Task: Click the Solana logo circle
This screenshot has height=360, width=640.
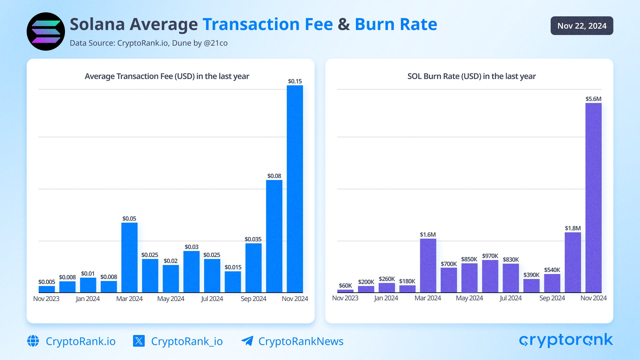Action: click(x=46, y=32)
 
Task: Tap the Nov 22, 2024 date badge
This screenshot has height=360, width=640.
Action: click(x=582, y=26)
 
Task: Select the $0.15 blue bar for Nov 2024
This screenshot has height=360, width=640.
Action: click(x=295, y=189)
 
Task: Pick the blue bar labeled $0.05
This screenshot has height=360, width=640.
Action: click(x=129, y=257)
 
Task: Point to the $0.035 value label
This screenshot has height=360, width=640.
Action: click(x=253, y=239)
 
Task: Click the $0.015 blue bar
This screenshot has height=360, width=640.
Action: click(x=233, y=282)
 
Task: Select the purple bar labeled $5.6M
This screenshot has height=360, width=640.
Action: click(x=593, y=198)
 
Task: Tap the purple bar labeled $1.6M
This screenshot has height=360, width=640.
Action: click(x=428, y=265)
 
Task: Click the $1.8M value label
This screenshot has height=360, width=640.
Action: click(x=573, y=228)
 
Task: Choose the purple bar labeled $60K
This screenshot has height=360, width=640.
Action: click(x=345, y=291)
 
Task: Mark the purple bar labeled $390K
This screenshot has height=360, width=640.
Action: click(x=531, y=286)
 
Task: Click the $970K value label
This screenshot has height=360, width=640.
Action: click(x=490, y=256)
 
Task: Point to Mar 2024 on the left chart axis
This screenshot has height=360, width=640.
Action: click(x=129, y=299)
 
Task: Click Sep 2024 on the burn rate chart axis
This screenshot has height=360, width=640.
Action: click(x=552, y=298)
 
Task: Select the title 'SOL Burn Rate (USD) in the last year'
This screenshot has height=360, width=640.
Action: click(x=471, y=76)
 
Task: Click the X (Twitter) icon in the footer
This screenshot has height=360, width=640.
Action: click(x=139, y=341)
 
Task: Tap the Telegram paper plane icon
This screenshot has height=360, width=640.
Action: click(x=247, y=341)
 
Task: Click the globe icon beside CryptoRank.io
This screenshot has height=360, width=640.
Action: click(x=33, y=341)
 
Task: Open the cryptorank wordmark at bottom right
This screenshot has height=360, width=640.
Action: click(x=566, y=340)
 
